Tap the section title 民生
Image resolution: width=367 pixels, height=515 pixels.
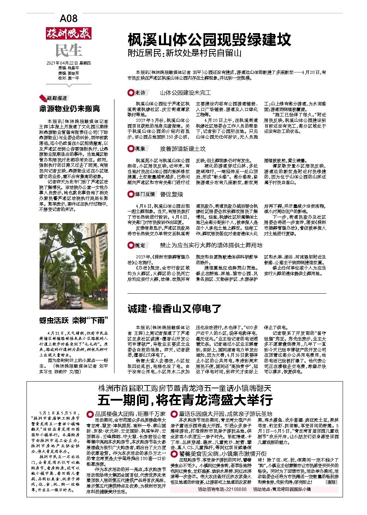[69, 50]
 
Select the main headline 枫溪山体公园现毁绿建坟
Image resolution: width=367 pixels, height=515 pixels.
[209, 39]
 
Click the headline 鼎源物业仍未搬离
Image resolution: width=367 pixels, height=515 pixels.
[69, 108]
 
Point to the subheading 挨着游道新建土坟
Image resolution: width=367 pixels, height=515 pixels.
[183, 149]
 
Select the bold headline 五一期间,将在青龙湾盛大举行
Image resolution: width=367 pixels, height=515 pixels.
[185, 400]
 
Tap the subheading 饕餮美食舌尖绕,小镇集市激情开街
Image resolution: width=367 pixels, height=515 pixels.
[221, 453]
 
